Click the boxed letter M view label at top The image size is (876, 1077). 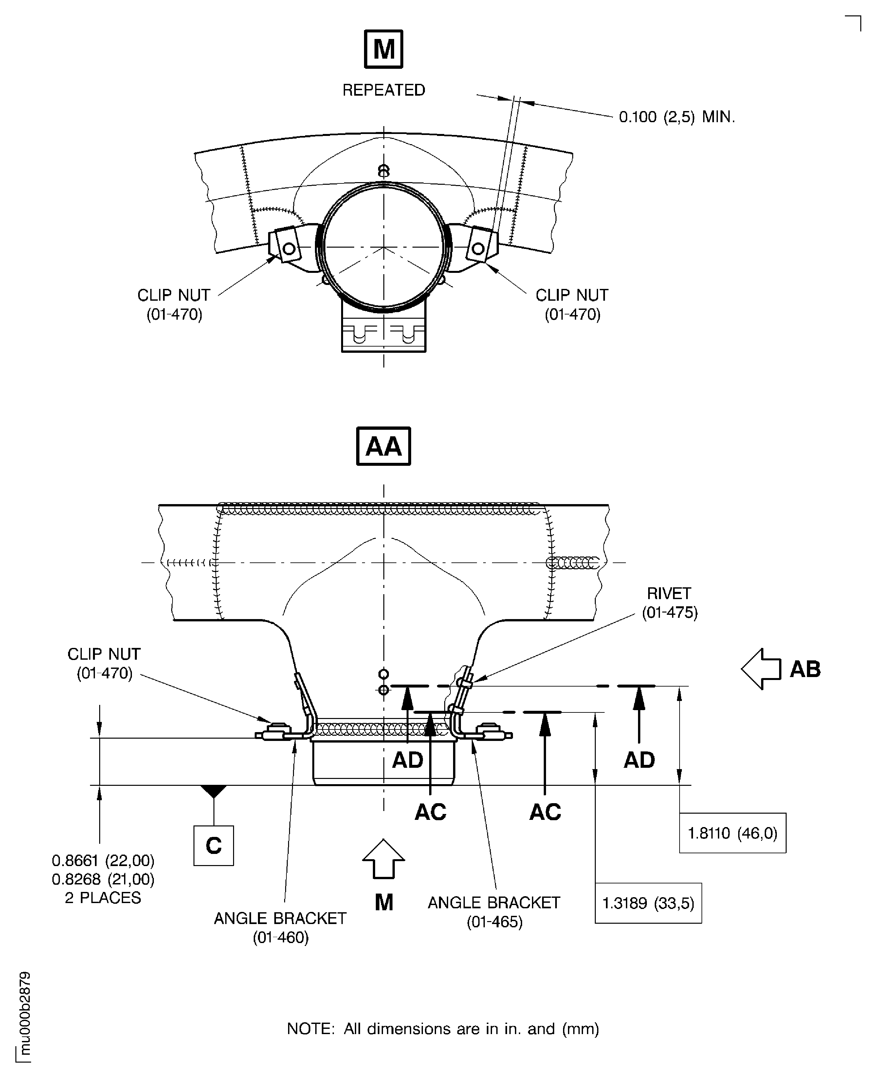click(x=384, y=49)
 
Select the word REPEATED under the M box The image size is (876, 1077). click(x=384, y=90)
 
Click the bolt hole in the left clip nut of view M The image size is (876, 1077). click(x=289, y=248)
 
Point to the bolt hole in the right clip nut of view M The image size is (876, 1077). click(x=478, y=248)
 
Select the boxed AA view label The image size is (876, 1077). click(x=384, y=446)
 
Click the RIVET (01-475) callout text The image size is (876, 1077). click(x=670, y=603)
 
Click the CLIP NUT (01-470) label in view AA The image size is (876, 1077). click(x=104, y=664)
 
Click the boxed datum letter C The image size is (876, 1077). click(x=213, y=846)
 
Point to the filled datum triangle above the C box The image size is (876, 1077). click(x=213, y=791)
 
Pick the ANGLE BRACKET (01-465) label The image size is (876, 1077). click(x=494, y=912)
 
